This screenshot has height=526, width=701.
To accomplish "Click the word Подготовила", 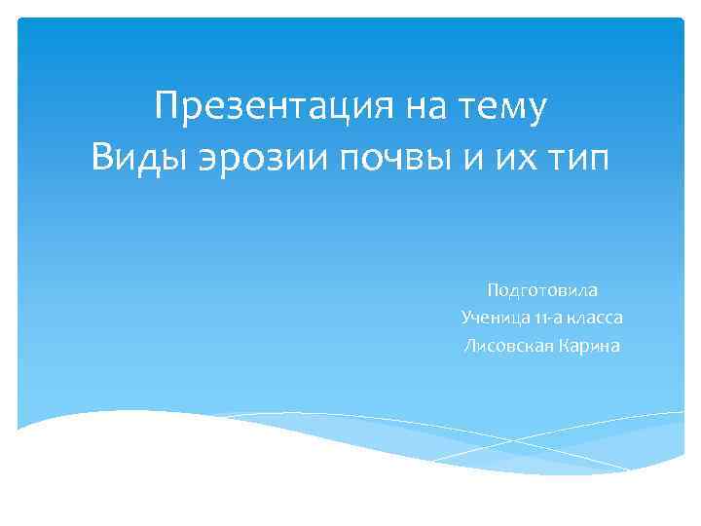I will (542, 290).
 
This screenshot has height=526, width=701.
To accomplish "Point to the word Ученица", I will (494, 318).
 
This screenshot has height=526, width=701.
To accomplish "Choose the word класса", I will (598, 318).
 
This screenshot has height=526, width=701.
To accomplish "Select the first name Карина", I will (590, 345).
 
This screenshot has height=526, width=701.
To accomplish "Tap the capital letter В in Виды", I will (102, 157).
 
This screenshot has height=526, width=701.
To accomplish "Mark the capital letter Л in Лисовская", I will (470, 345).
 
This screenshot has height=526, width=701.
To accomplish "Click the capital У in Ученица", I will (466, 318).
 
